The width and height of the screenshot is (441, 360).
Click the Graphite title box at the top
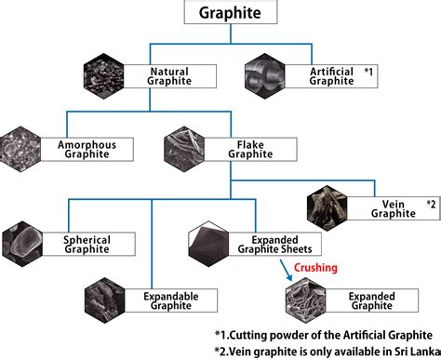pyautogui.click(x=229, y=14)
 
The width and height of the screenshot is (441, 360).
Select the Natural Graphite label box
pyautogui.click(x=178, y=75)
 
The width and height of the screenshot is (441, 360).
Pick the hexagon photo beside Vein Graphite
pyautogui.click(x=328, y=207)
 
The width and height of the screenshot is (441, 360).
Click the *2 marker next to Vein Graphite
pyautogui.click(x=431, y=203)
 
